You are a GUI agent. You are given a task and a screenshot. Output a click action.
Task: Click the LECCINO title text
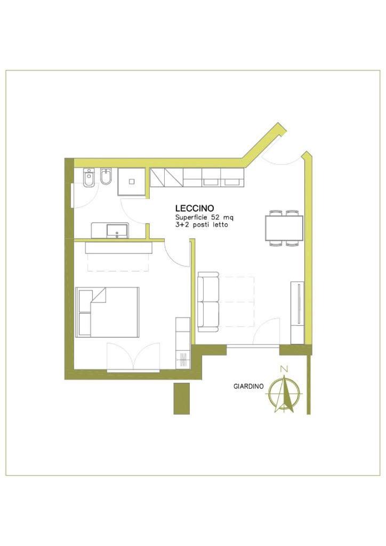(x=194, y=208)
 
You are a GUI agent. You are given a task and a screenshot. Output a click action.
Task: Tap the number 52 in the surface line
(x=212, y=218)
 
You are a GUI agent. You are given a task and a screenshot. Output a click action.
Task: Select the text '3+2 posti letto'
(x=202, y=224)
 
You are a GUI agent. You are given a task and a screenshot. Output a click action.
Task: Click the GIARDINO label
(x=248, y=386)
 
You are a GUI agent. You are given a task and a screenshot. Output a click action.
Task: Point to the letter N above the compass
(x=285, y=368)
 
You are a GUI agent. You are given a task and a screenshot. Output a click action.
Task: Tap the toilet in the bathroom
(x=89, y=178)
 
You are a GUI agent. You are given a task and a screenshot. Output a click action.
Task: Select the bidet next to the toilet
(x=106, y=178)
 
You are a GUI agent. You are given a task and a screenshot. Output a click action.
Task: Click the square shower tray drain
(x=132, y=181)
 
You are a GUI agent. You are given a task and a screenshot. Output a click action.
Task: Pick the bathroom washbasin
(x=117, y=230)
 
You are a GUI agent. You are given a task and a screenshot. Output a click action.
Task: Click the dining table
(x=284, y=228)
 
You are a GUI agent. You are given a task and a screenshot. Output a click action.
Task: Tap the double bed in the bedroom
(x=107, y=312)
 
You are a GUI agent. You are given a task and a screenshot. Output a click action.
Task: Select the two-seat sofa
(x=208, y=302)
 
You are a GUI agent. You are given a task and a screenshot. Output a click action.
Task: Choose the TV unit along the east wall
(x=297, y=312)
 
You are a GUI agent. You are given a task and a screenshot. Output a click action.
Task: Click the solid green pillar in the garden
(x=182, y=398)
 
